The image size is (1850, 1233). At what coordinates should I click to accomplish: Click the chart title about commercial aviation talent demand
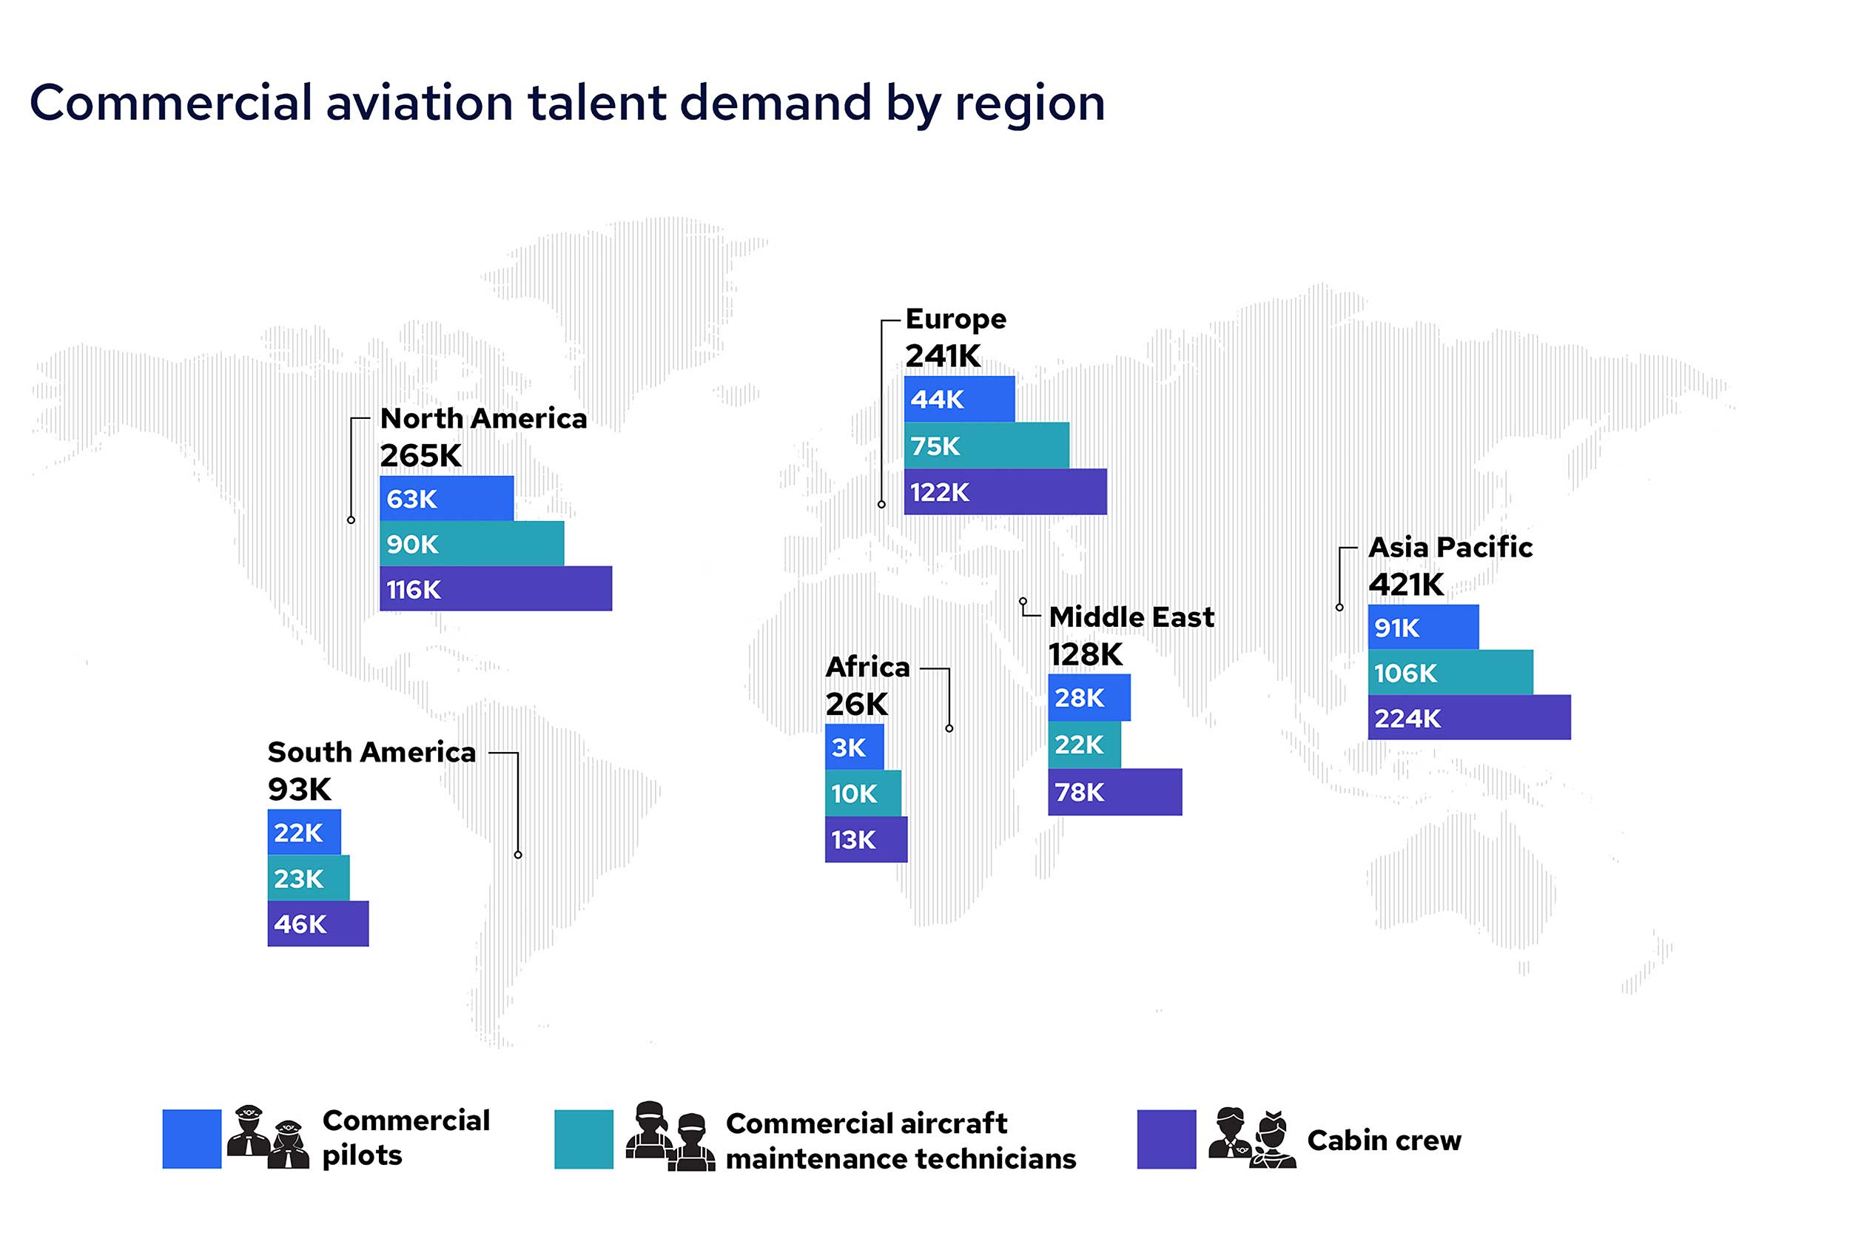tap(566, 103)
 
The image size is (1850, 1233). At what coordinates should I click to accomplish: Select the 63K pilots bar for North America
tap(445, 498)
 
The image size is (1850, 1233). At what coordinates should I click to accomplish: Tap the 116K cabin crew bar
tap(494, 588)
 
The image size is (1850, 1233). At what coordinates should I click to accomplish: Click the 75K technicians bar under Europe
tap(985, 445)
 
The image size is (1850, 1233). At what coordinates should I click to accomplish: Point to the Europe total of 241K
tap(942, 356)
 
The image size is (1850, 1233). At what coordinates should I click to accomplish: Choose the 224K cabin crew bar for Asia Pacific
tap(1468, 717)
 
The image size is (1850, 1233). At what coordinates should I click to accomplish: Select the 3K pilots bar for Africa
tap(853, 747)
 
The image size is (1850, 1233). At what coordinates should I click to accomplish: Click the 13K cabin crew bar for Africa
tap(865, 839)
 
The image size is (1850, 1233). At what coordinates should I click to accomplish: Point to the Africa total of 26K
tap(855, 704)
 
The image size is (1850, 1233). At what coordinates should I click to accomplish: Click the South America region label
tap(371, 752)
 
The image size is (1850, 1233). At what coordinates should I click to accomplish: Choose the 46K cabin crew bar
tap(317, 923)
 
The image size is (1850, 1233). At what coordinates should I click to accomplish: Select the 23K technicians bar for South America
tap(307, 878)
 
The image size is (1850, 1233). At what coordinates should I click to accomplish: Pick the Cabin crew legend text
tap(1383, 1140)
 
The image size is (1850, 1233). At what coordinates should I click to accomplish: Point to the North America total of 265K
tap(420, 455)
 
